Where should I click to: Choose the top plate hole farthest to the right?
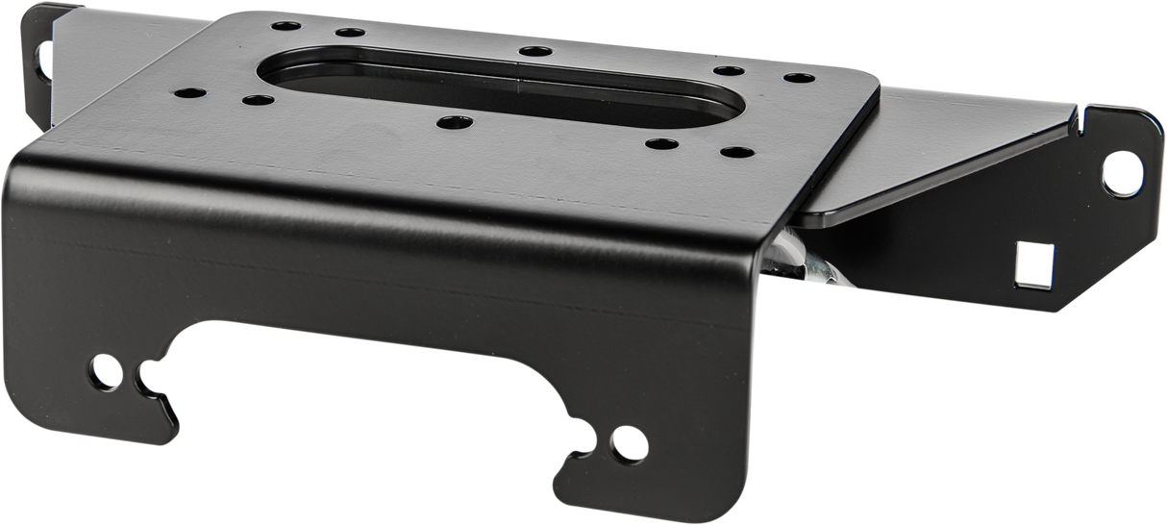tap(793, 78)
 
